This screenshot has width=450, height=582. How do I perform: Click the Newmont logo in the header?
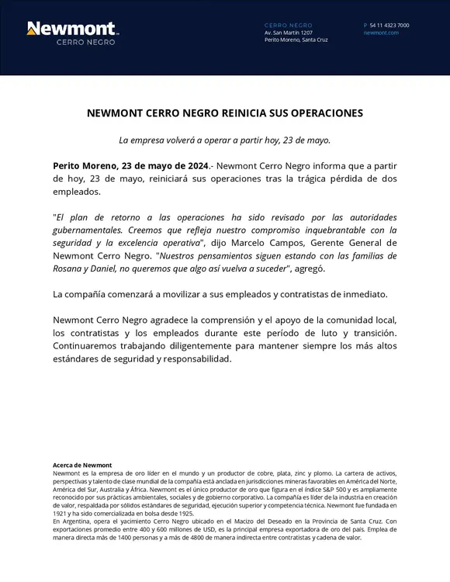[x=72, y=29]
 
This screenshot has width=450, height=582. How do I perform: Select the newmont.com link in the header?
[x=381, y=33]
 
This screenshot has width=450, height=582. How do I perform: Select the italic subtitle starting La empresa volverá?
[x=224, y=140]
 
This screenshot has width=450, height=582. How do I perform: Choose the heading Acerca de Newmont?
[x=82, y=465]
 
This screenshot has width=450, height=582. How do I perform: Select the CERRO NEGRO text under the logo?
[x=86, y=42]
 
